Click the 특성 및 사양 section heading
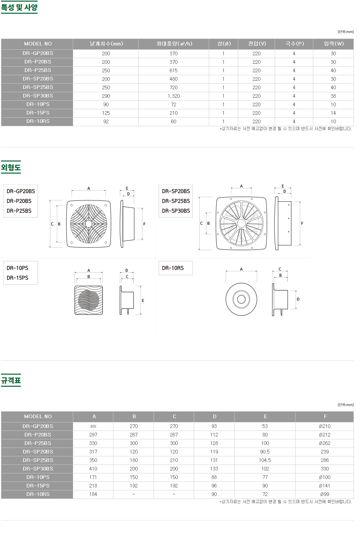click(x=19, y=7)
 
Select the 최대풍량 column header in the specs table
click(x=174, y=44)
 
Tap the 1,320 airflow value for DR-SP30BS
click(x=173, y=96)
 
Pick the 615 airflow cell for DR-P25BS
click(x=173, y=71)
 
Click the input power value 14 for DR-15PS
click(x=333, y=113)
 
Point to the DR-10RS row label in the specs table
click(x=38, y=121)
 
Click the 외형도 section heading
click(x=11, y=168)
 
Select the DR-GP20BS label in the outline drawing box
click(x=21, y=191)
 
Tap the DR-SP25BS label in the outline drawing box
click(x=176, y=201)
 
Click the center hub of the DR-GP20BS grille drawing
click(x=89, y=224)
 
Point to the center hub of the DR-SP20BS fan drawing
click(x=241, y=224)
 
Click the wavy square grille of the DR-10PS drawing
click(x=89, y=300)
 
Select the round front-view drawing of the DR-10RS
click(x=241, y=299)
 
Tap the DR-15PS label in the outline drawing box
click(x=17, y=278)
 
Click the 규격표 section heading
click(x=11, y=381)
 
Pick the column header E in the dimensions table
click(x=265, y=416)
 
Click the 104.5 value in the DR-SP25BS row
click(x=265, y=460)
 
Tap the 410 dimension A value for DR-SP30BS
click(x=93, y=469)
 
